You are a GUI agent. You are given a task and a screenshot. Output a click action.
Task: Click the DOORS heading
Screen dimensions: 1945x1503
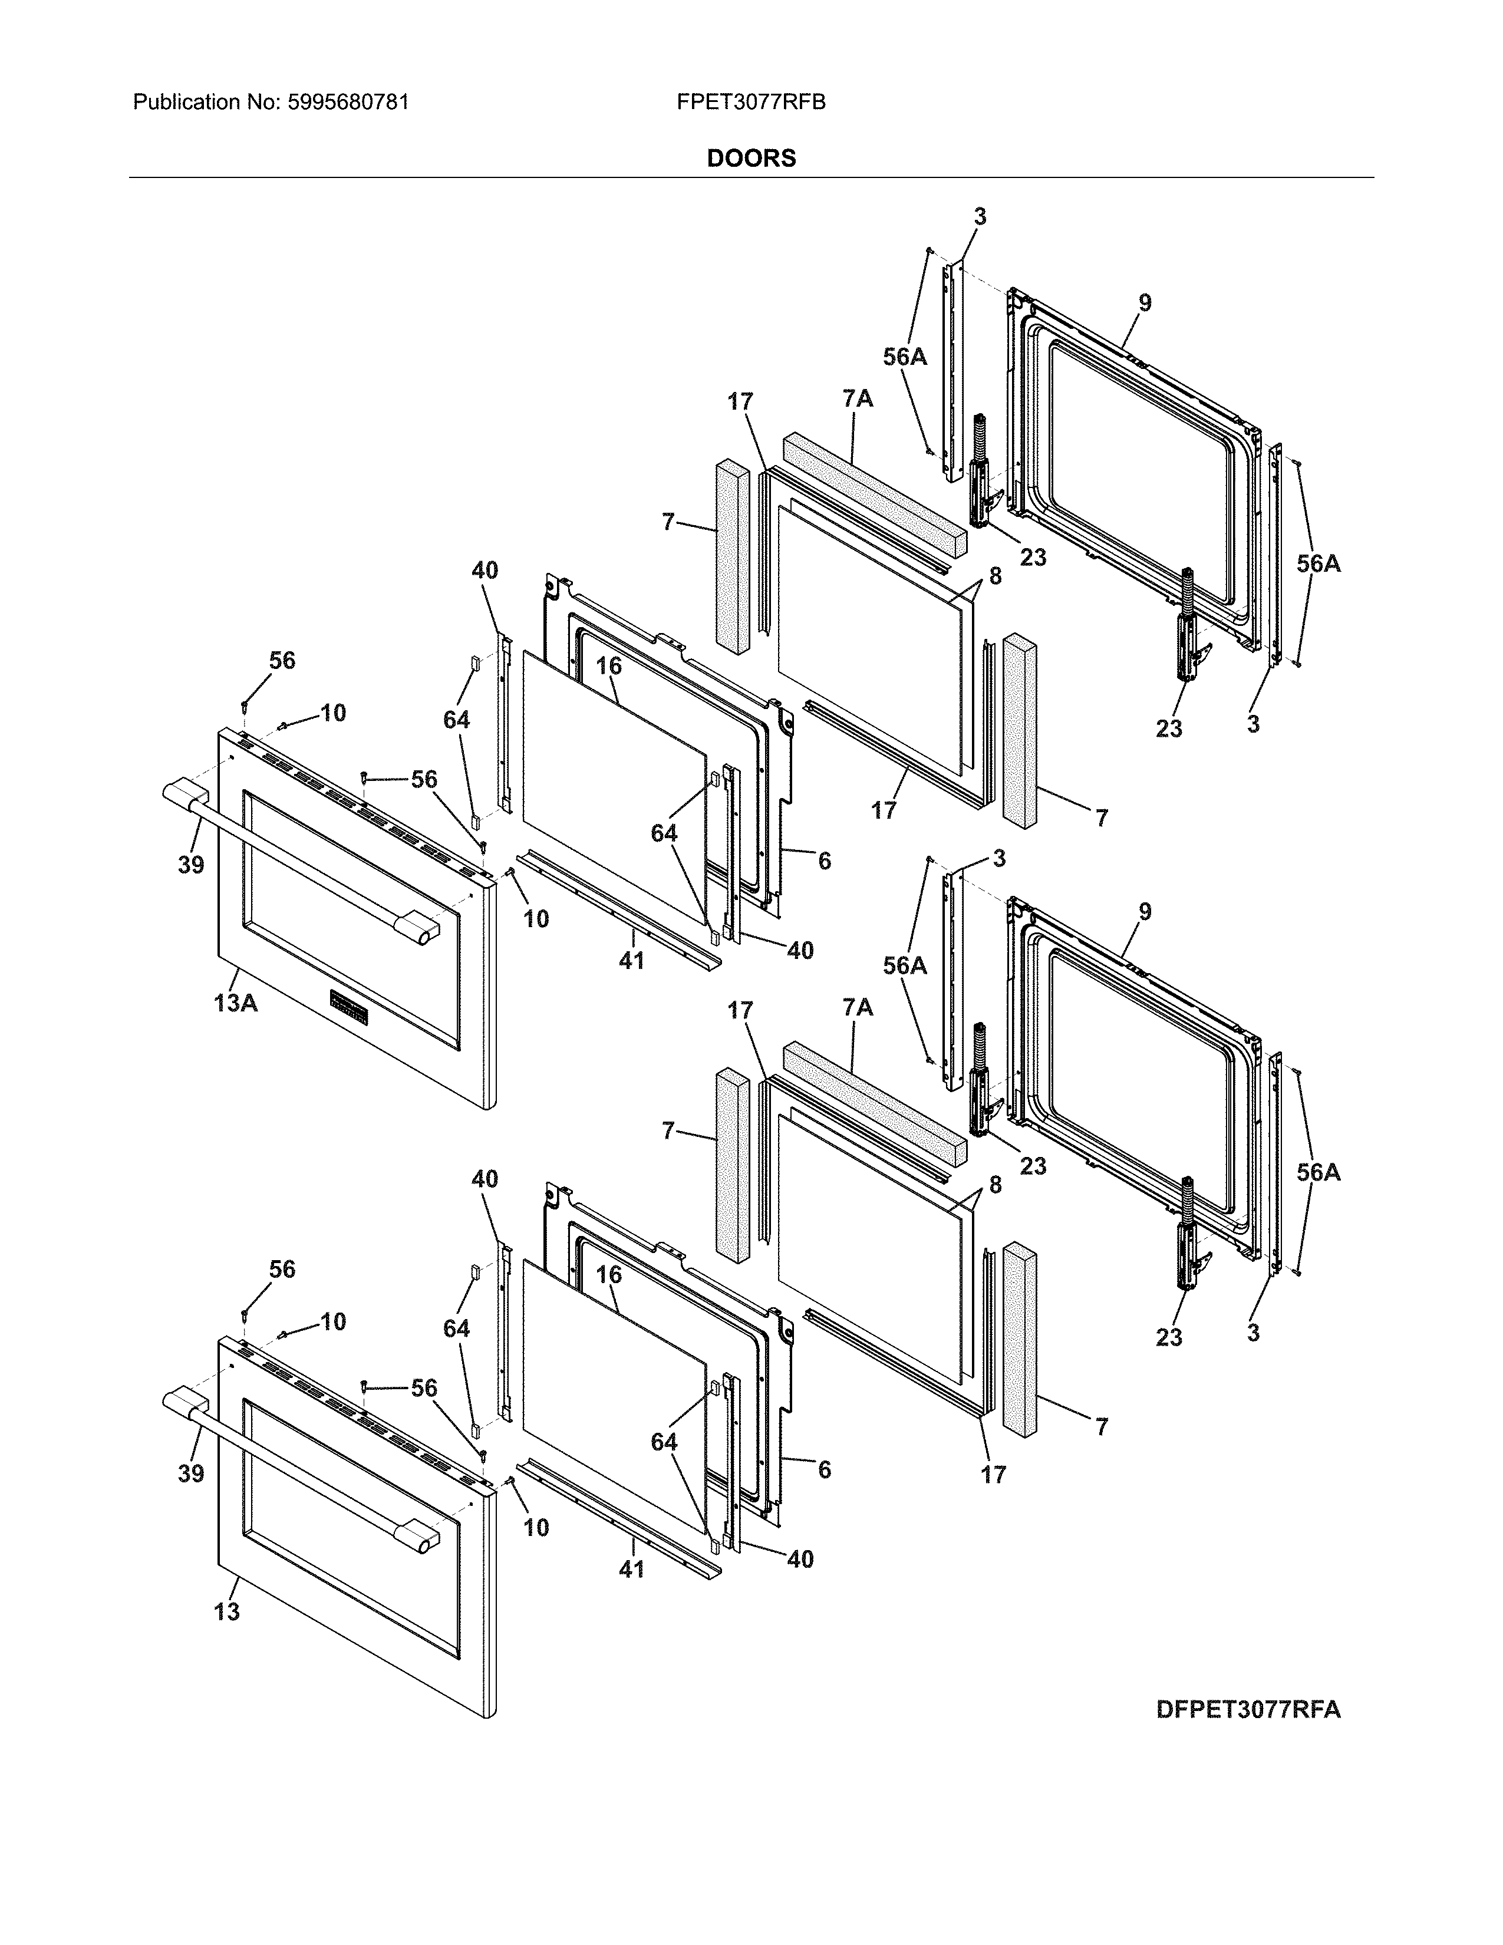coord(750,159)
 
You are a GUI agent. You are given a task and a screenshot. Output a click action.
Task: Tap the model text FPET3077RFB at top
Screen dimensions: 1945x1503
coord(750,103)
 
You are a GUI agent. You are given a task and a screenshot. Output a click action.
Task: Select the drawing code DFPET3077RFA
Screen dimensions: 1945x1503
coord(1247,1709)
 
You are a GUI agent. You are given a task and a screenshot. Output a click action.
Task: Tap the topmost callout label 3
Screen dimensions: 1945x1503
coord(980,216)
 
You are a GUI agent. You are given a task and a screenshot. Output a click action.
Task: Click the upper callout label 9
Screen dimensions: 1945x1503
coord(1144,303)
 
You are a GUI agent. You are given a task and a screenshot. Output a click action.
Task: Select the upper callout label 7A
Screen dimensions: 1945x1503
coord(858,399)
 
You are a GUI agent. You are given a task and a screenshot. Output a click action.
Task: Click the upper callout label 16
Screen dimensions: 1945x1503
coord(608,666)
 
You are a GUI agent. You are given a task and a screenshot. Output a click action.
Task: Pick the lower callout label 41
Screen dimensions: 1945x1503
coord(631,1569)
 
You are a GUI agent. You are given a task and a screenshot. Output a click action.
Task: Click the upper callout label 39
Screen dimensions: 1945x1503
coord(190,864)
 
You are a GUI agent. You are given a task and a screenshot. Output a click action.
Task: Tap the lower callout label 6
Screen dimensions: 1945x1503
coord(825,1469)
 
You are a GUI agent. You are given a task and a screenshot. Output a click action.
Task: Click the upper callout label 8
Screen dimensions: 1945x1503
coord(994,576)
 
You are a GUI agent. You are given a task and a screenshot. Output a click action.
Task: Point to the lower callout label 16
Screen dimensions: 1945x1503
coord(608,1274)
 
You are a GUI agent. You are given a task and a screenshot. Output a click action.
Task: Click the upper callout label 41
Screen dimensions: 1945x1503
coord(631,960)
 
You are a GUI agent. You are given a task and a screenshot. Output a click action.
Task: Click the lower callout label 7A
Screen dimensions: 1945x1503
coord(858,1007)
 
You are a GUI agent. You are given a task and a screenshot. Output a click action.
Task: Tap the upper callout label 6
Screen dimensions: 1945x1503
coord(825,861)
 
